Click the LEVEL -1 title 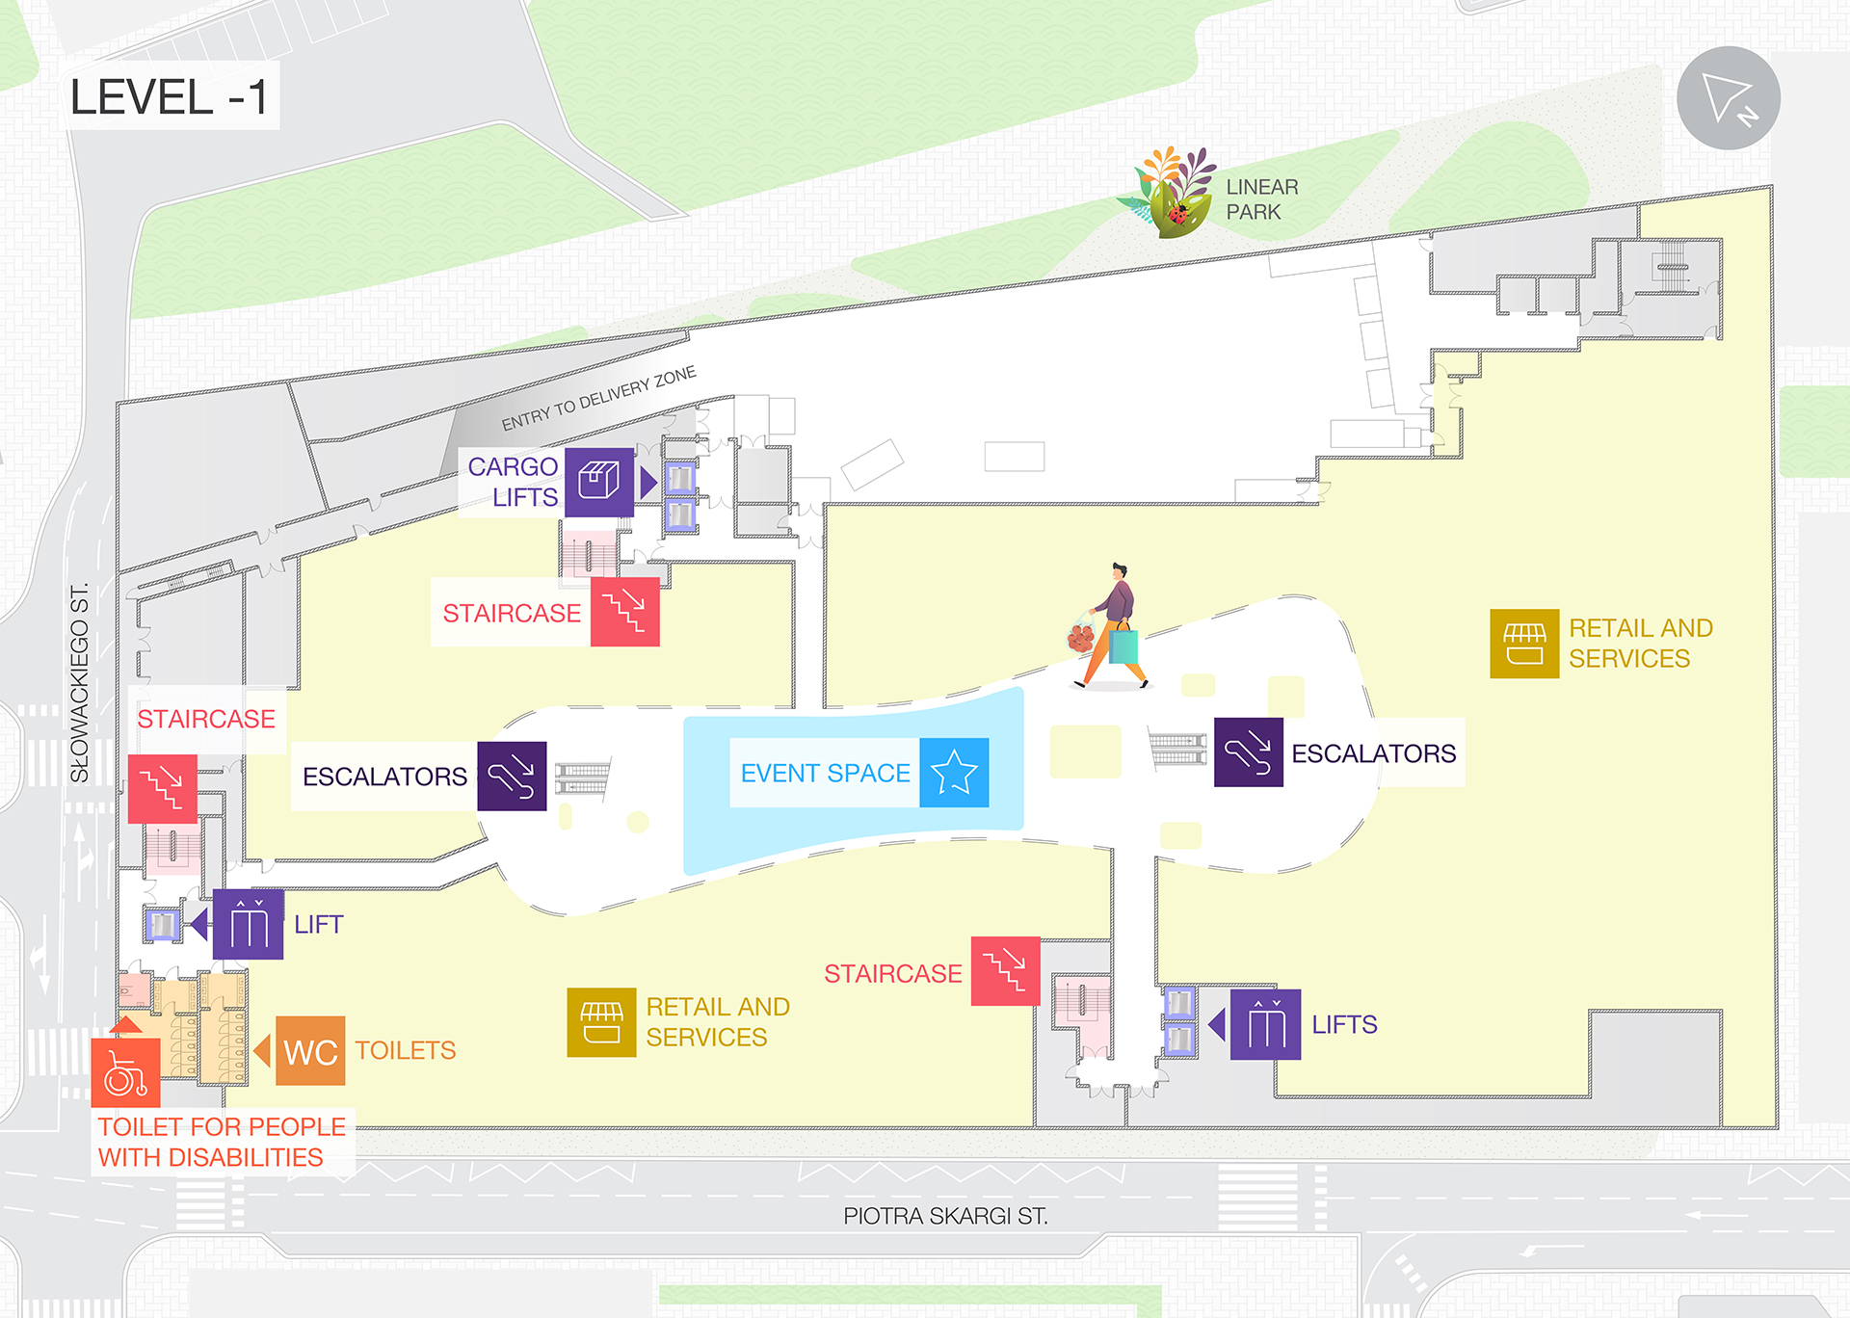pyautogui.click(x=170, y=97)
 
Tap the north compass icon pyautogui.click(x=1728, y=98)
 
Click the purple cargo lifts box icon pyautogui.click(x=598, y=482)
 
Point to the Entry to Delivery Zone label pyautogui.click(x=598, y=398)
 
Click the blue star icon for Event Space pyautogui.click(x=954, y=773)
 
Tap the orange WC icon pyautogui.click(x=310, y=1051)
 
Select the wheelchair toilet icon pyautogui.click(x=125, y=1073)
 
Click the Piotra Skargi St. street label pyautogui.click(x=945, y=1216)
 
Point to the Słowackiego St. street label pyautogui.click(x=80, y=683)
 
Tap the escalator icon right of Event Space pyautogui.click(x=1248, y=752)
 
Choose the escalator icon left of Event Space pyautogui.click(x=512, y=776)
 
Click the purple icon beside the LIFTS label pyautogui.click(x=1265, y=1024)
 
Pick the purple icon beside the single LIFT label pyautogui.click(x=248, y=924)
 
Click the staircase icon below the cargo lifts pyautogui.click(x=624, y=612)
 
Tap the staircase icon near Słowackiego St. pyautogui.click(x=162, y=789)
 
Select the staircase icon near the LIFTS pyautogui.click(x=1005, y=971)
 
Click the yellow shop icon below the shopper pyautogui.click(x=1524, y=644)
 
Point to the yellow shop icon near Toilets pyautogui.click(x=601, y=1022)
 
